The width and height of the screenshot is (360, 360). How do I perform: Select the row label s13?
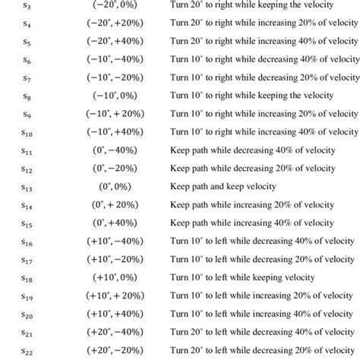28,187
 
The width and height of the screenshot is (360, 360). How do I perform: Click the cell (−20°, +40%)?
115,41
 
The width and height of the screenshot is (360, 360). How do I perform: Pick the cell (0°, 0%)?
115,187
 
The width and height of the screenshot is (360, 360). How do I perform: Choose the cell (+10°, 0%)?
115,277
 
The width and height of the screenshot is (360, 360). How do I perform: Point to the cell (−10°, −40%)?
115,59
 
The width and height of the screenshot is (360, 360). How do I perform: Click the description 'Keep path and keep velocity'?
223,187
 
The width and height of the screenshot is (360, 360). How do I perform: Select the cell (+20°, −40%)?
115,332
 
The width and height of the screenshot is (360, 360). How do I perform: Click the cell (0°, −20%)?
115,169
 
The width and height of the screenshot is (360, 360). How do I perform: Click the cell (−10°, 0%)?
115,96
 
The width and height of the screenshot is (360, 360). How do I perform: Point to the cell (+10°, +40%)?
115,314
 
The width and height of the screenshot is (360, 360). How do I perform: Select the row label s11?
28,150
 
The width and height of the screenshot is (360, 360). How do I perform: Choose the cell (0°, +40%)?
115,223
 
